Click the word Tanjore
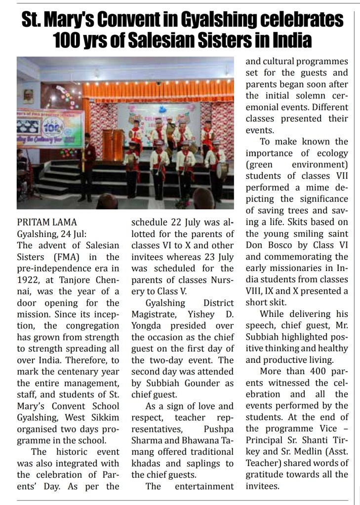click(x=77, y=279)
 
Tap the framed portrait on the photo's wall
click(x=28, y=96)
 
